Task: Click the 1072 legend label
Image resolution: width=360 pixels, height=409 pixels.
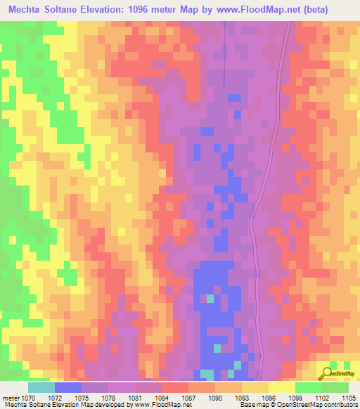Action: [64, 397]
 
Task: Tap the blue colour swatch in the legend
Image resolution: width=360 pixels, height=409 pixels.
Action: [68, 387]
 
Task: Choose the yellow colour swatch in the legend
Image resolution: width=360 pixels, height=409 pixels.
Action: [281, 387]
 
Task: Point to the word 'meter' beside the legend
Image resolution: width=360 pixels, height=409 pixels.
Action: [10, 397]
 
